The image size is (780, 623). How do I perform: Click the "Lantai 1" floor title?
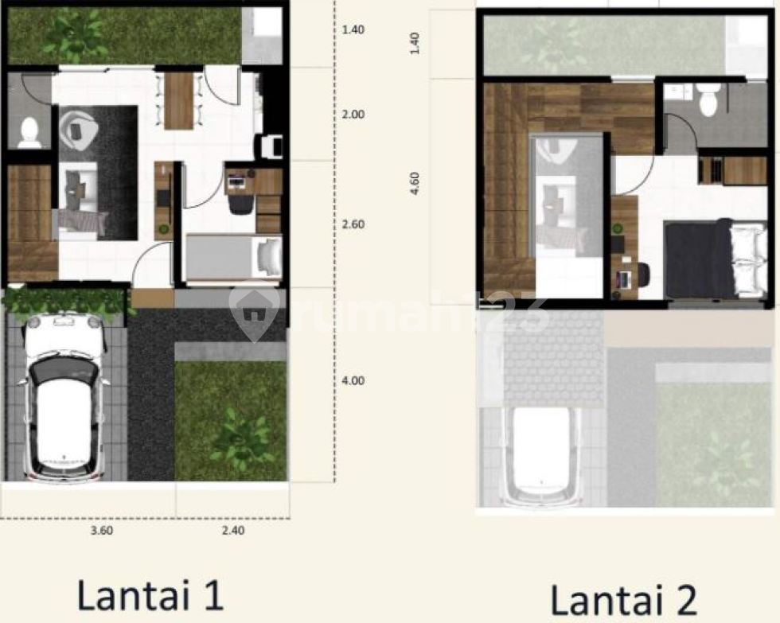pos(150,595)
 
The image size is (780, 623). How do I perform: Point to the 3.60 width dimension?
pos(102,531)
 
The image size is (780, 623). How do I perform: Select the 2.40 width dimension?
pos(233,531)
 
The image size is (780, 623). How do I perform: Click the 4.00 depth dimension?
pos(353,381)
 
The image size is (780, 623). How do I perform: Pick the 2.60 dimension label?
pos(353,224)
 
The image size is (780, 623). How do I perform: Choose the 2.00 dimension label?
pos(353,115)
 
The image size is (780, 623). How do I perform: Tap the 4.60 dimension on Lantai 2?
pos(415,183)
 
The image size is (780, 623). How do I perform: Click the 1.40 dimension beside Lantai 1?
pos(353,29)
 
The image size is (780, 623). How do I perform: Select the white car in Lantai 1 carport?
pos(64,398)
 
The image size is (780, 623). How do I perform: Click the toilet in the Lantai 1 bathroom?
pos(30,133)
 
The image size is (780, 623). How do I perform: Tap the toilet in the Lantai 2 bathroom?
pos(708,99)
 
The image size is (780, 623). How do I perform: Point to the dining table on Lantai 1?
pos(178,101)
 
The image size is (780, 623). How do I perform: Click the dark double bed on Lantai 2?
pos(716,259)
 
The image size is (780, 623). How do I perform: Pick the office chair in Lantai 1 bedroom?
pos(240,204)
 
